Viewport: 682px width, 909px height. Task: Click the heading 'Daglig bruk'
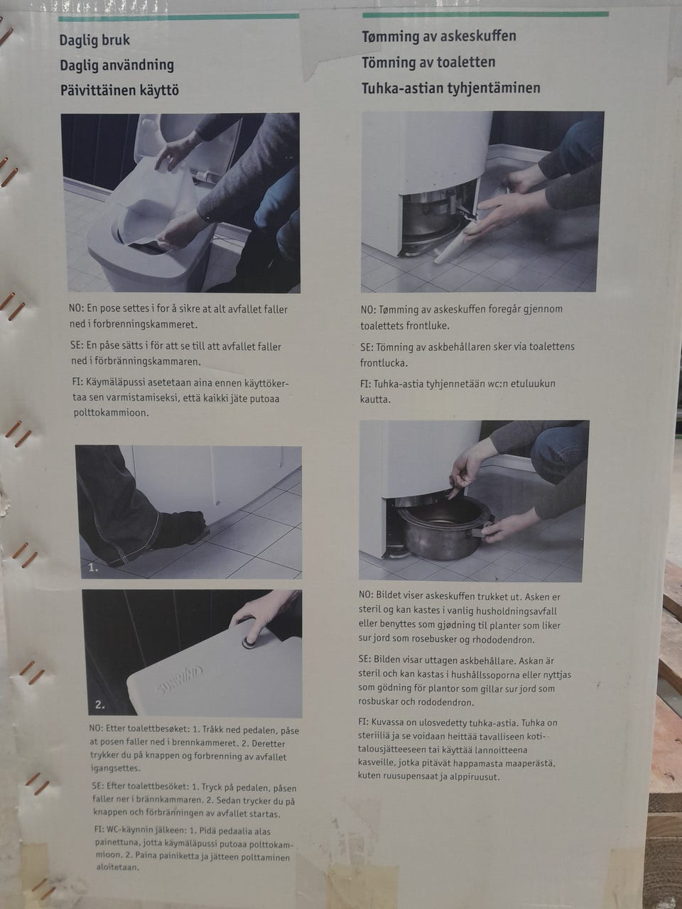pyautogui.click(x=94, y=40)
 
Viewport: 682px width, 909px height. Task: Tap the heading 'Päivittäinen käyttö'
pyautogui.click(x=119, y=91)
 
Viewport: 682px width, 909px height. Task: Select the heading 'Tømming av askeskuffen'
pyautogui.click(x=439, y=36)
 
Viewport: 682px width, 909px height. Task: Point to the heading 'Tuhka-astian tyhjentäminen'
pyautogui.click(x=451, y=88)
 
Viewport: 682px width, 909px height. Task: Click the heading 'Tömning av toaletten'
pyautogui.click(x=428, y=62)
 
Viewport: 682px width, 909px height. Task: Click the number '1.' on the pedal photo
pyautogui.click(x=93, y=568)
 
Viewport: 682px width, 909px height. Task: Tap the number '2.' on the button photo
pyautogui.click(x=99, y=705)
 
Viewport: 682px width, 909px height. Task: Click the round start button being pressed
pyautogui.click(x=249, y=642)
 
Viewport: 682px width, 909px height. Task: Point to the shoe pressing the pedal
pyautogui.click(x=181, y=528)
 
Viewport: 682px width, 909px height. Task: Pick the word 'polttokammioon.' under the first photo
pyautogui.click(x=111, y=413)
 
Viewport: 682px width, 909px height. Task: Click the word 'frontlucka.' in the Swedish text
pyautogui.click(x=384, y=363)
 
